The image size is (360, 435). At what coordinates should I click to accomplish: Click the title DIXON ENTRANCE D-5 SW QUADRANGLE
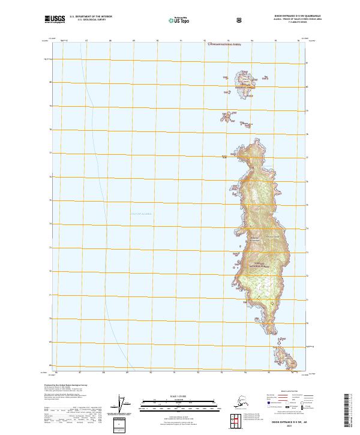pyautogui.click(x=277, y=16)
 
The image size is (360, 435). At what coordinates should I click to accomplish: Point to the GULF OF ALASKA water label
pyautogui.click(x=137, y=213)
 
